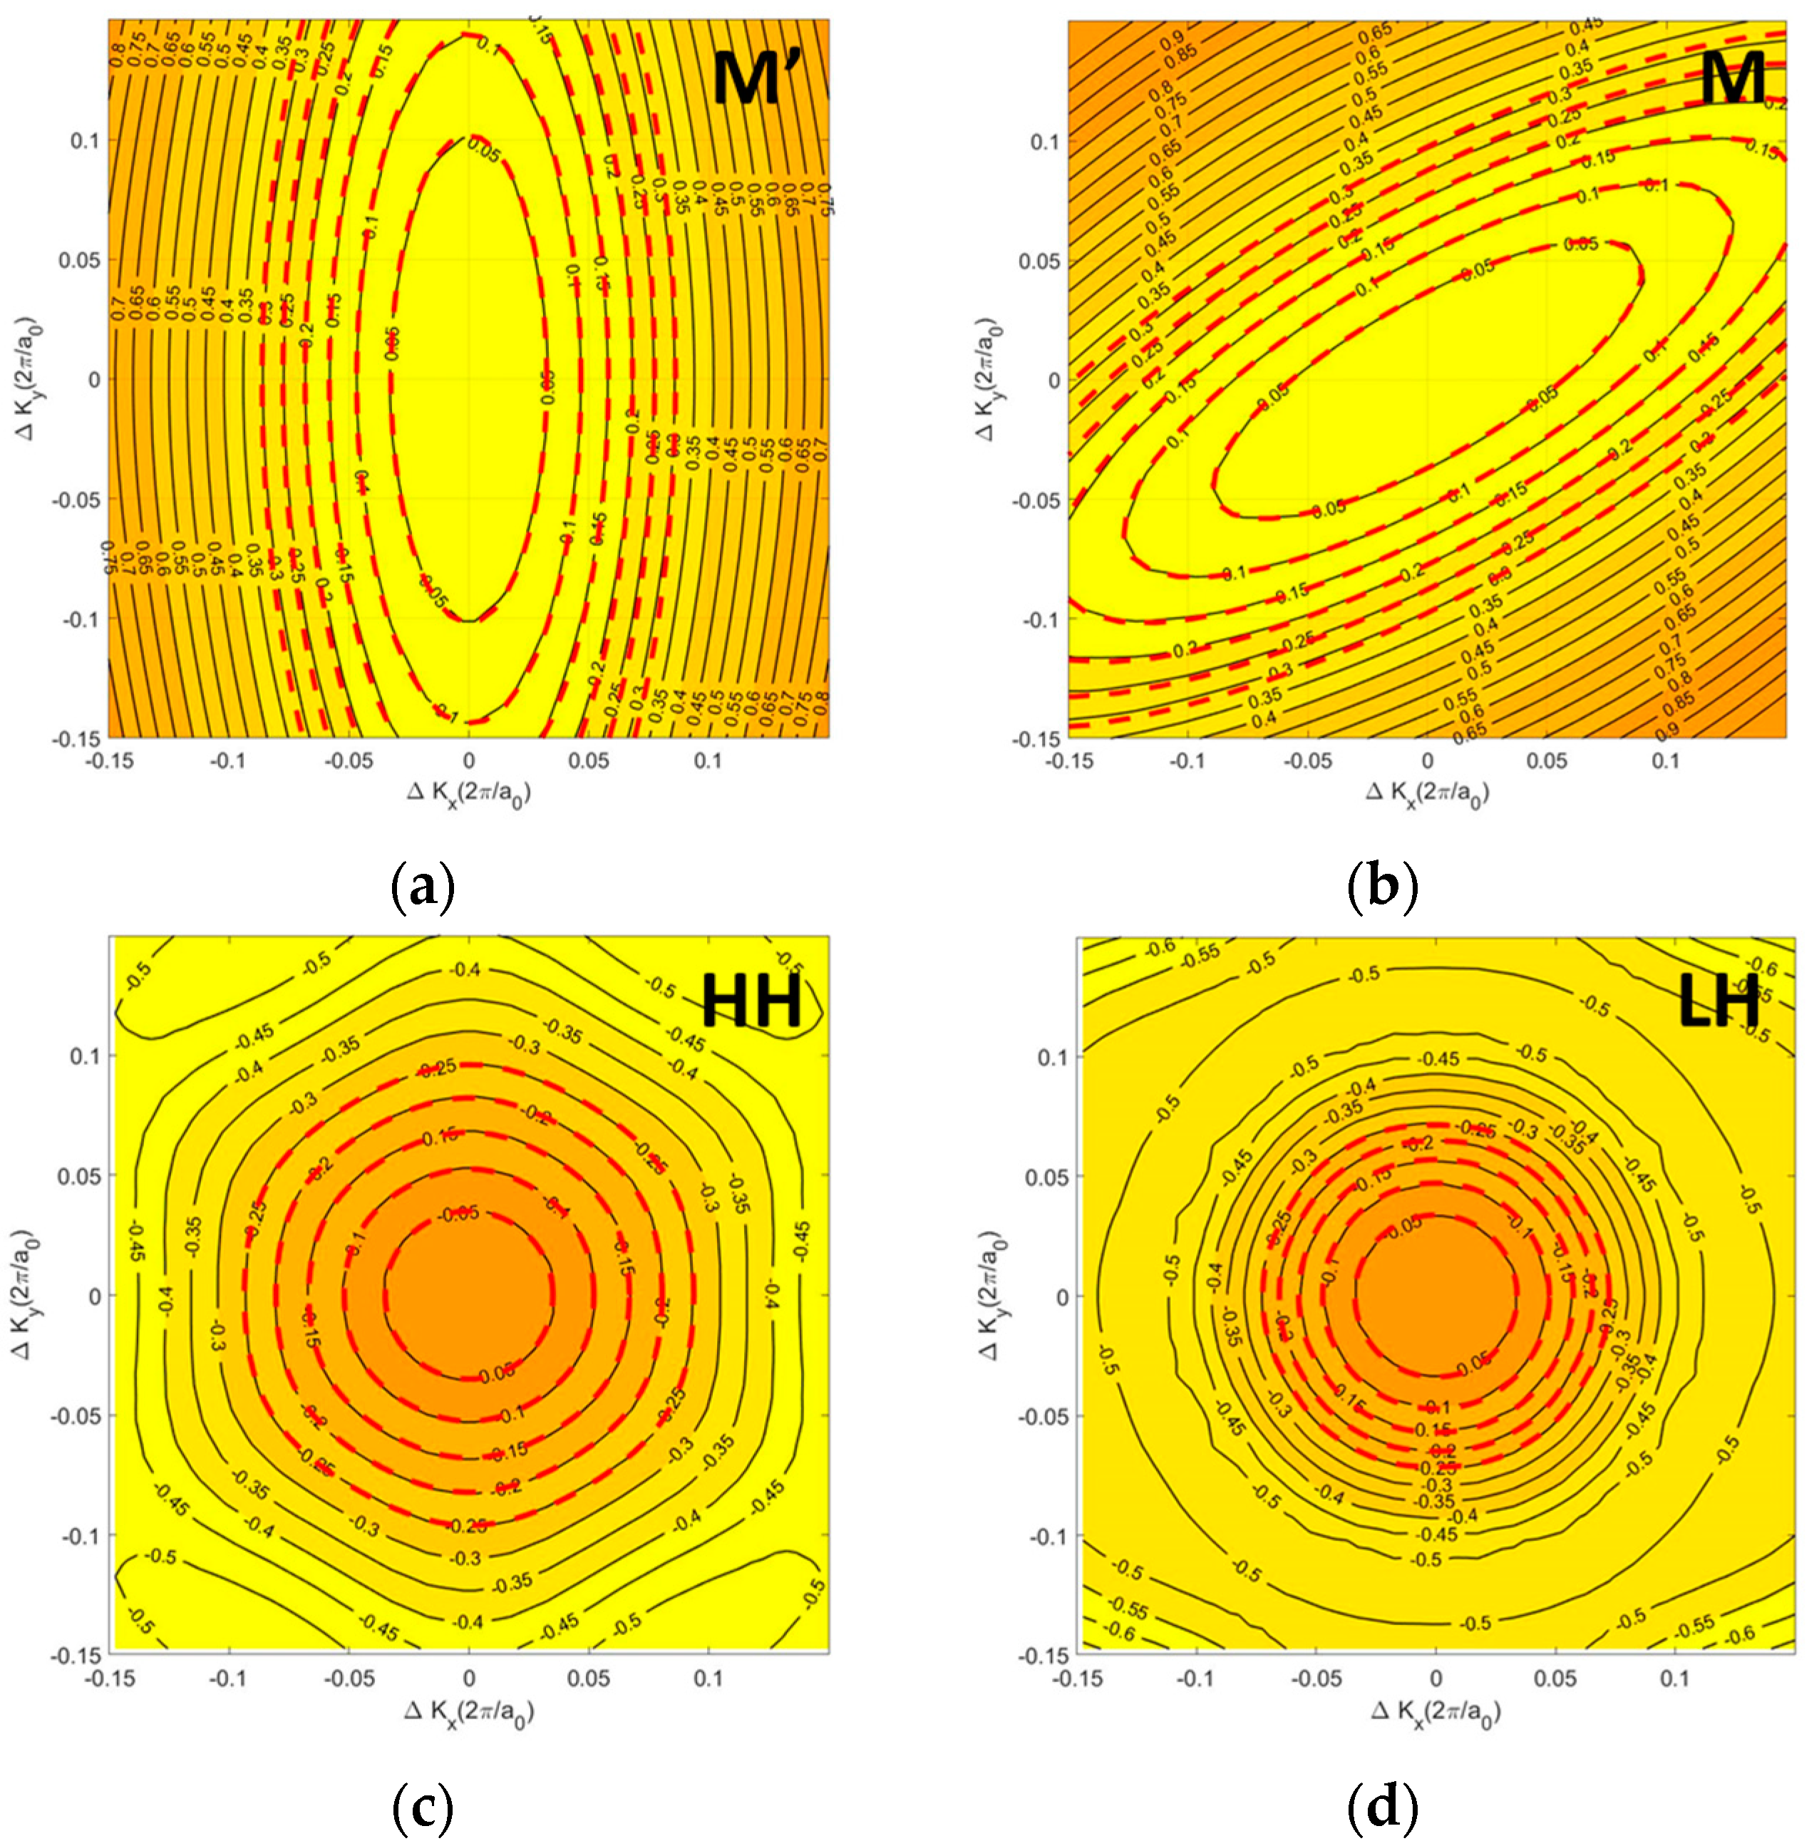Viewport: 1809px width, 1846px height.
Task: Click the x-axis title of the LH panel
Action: point(1435,1713)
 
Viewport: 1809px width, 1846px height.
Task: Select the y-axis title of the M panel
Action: point(988,378)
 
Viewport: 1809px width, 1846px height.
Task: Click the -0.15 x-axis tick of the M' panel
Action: point(109,761)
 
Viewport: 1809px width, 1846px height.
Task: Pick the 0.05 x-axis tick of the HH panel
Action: point(588,1679)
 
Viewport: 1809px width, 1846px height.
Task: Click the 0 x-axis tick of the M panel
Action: point(1426,761)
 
